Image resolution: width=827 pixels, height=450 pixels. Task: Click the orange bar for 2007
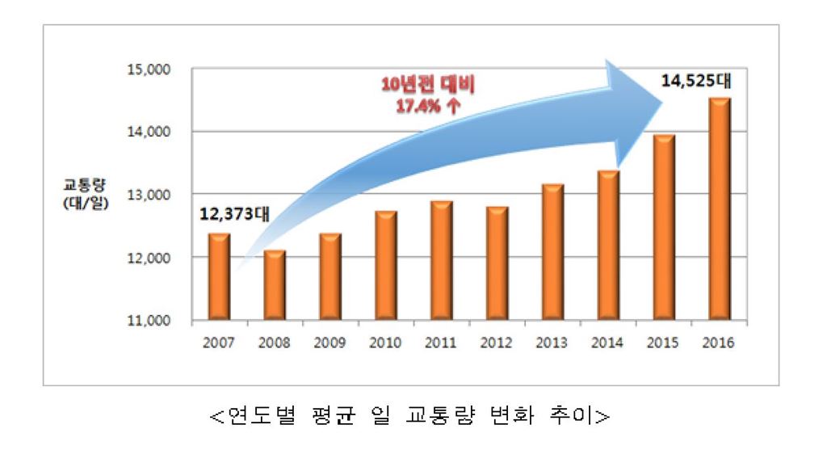click(x=219, y=276)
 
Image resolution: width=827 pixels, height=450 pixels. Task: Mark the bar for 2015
click(x=664, y=226)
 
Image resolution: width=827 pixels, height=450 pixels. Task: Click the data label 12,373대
click(x=235, y=214)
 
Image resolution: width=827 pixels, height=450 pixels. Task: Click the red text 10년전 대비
click(x=428, y=85)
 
